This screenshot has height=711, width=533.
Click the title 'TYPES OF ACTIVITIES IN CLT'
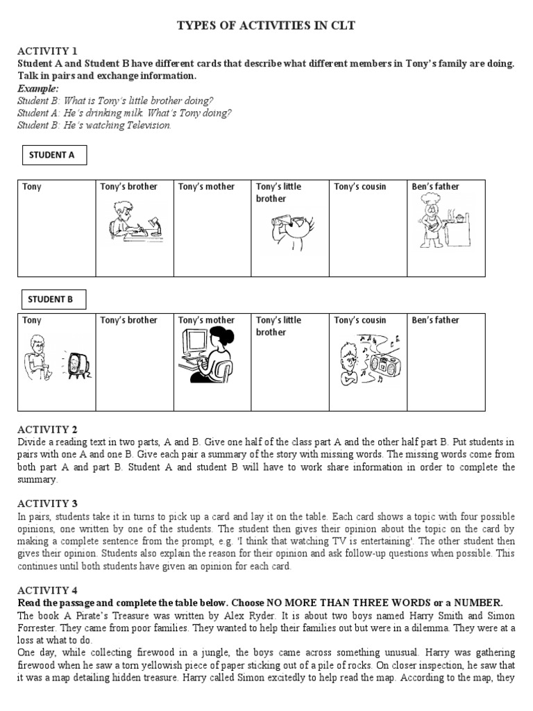click(266, 26)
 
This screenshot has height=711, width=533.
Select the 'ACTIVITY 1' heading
click(46, 51)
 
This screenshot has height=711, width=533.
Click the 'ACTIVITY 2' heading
click(46, 429)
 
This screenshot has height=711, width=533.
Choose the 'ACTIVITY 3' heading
click(46, 503)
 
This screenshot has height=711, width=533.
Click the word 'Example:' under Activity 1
click(38, 89)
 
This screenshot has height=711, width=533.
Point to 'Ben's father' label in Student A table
click(435, 187)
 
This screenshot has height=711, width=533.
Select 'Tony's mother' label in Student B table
click(206, 320)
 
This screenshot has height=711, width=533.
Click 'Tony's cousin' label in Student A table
click(359, 187)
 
